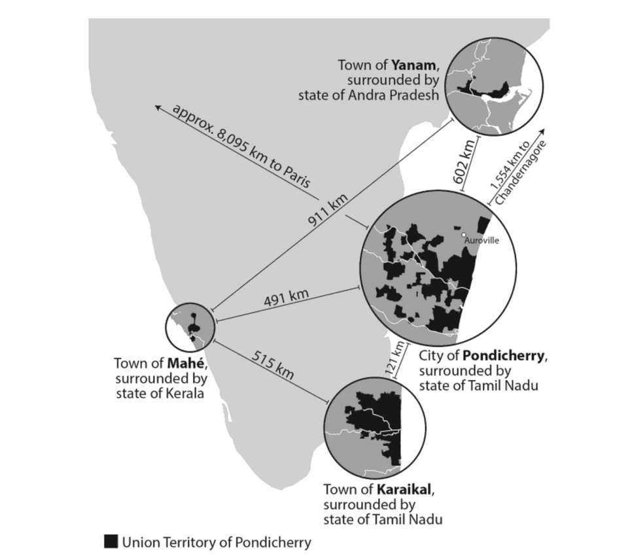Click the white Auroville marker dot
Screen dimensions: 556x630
click(x=463, y=234)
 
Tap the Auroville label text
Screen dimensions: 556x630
click(x=481, y=241)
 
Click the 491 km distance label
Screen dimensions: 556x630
click(x=286, y=299)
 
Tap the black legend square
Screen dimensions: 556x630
click(x=111, y=542)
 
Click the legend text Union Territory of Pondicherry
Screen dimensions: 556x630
click(x=217, y=542)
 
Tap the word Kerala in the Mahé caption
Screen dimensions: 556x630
click(x=187, y=394)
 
